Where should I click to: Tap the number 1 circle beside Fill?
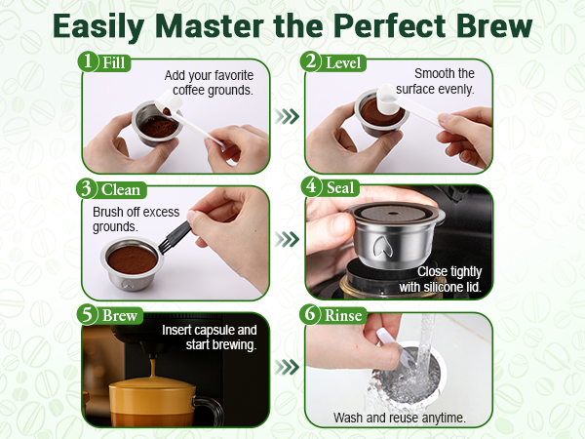coord(88,60)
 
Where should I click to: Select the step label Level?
coord(343,62)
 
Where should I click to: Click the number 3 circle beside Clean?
coord(86,188)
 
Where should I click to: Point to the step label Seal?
coord(340,187)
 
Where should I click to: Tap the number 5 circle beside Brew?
coord(87,314)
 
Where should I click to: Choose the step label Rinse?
coord(343,315)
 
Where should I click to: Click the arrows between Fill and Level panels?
coord(288,116)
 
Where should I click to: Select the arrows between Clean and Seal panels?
coord(288,239)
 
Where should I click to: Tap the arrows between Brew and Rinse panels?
coord(288,368)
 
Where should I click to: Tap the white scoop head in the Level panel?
coord(389,99)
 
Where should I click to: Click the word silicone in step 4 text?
coord(443,287)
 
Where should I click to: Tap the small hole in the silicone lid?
coord(392,214)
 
